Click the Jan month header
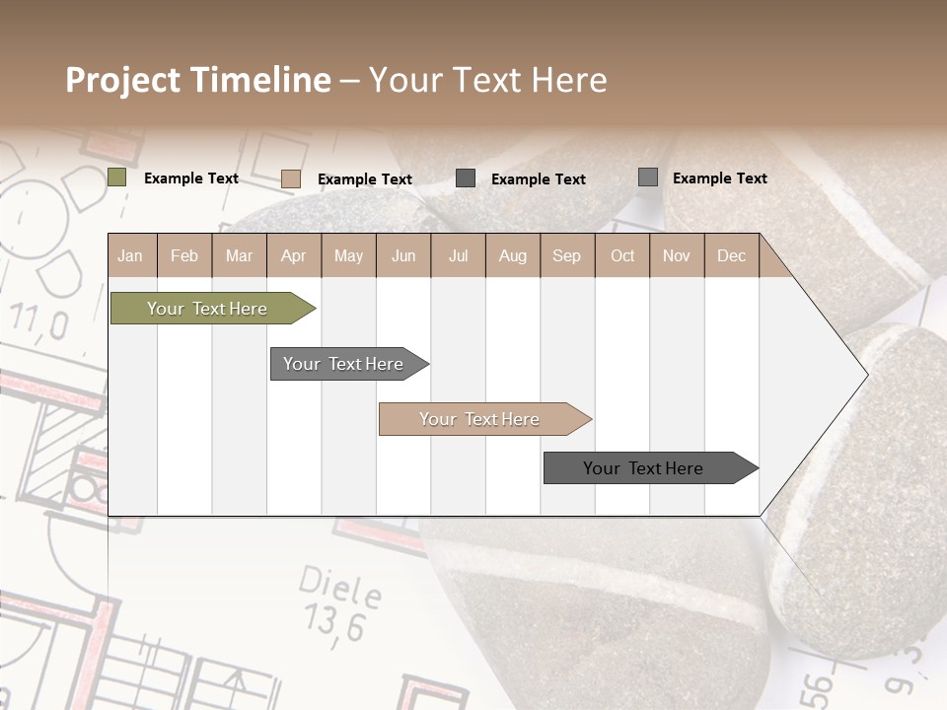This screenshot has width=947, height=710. tap(130, 255)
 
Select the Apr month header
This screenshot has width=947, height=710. tap(294, 255)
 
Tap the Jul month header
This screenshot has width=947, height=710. tap(458, 255)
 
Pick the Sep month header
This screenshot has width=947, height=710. tap(566, 255)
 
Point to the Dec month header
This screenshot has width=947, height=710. tap(731, 255)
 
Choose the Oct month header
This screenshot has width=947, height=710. tap(622, 255)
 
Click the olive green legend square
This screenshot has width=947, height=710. tap(117, 177)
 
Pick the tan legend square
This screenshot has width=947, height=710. tap(291, 178)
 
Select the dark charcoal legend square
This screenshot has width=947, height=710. tap(466, 177)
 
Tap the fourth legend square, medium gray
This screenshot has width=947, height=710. tap(648, 177)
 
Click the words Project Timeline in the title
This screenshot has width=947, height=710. tap(198, 80)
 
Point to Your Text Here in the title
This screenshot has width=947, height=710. tap(488, 80)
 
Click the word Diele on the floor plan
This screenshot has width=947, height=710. tap(340, 588)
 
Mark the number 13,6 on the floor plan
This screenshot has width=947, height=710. tap(334, 623)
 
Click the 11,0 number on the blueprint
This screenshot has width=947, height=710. tap(39, 321)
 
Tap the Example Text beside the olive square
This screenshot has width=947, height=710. tap(191, 178)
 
